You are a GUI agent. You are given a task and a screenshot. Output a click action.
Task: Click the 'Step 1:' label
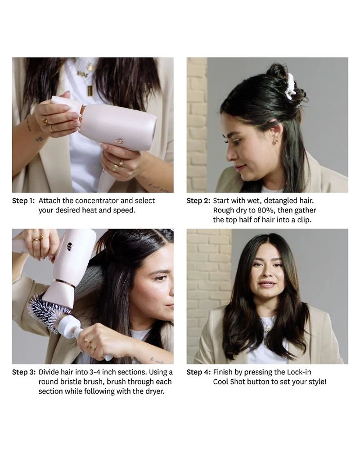(23, 201)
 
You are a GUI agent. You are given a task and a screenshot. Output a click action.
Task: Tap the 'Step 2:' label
(198, 201)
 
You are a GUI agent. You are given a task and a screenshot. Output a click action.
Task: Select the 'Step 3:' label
(24, 372)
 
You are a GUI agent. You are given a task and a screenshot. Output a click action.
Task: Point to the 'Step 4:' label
(198, 372)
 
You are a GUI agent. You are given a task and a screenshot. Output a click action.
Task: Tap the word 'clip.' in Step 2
(304, 220)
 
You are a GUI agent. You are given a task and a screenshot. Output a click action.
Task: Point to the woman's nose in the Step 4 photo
(268, 275)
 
